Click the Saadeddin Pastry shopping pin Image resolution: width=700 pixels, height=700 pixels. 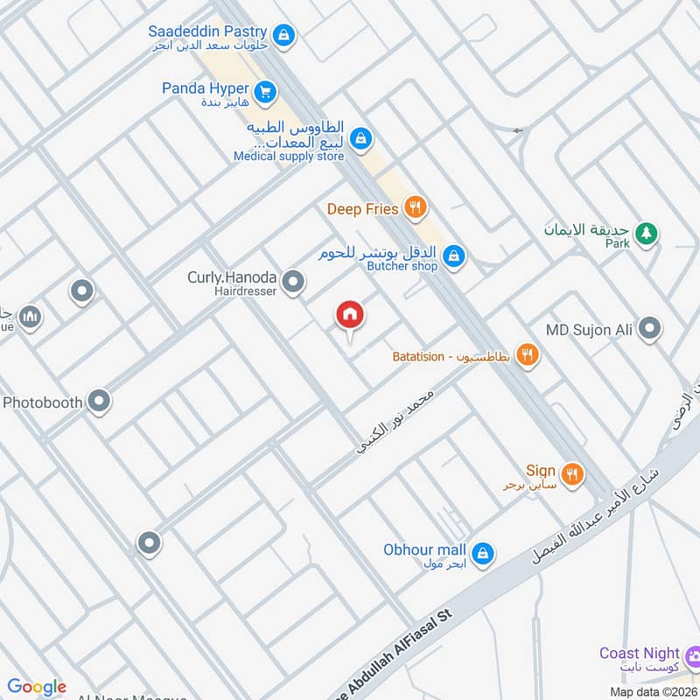(x=283, y=36)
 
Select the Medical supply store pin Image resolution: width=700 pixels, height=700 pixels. (x=360, y=138)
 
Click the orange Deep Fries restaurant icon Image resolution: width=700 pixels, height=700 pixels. (x=416, y=208)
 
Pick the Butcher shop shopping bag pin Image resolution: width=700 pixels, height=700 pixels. (x=453, y=256)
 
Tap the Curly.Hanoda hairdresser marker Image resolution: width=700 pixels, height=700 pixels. (x=294, y=282)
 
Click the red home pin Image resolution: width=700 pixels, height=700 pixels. (x=349, y=315)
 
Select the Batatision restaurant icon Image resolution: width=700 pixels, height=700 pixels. (x=527, y=355)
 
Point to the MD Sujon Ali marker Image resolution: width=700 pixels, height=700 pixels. (x=649, y=329)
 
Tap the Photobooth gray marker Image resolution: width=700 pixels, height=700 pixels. (x=100, y=402)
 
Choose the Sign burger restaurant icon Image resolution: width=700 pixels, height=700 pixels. (x=571, y=473)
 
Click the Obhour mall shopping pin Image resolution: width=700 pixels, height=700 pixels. (x=482, y=553)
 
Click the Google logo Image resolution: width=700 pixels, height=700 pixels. (x=36, y=687)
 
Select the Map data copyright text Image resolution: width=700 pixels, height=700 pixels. (x=653, y=691)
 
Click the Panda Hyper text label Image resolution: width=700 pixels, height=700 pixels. (x=206, y=88)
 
